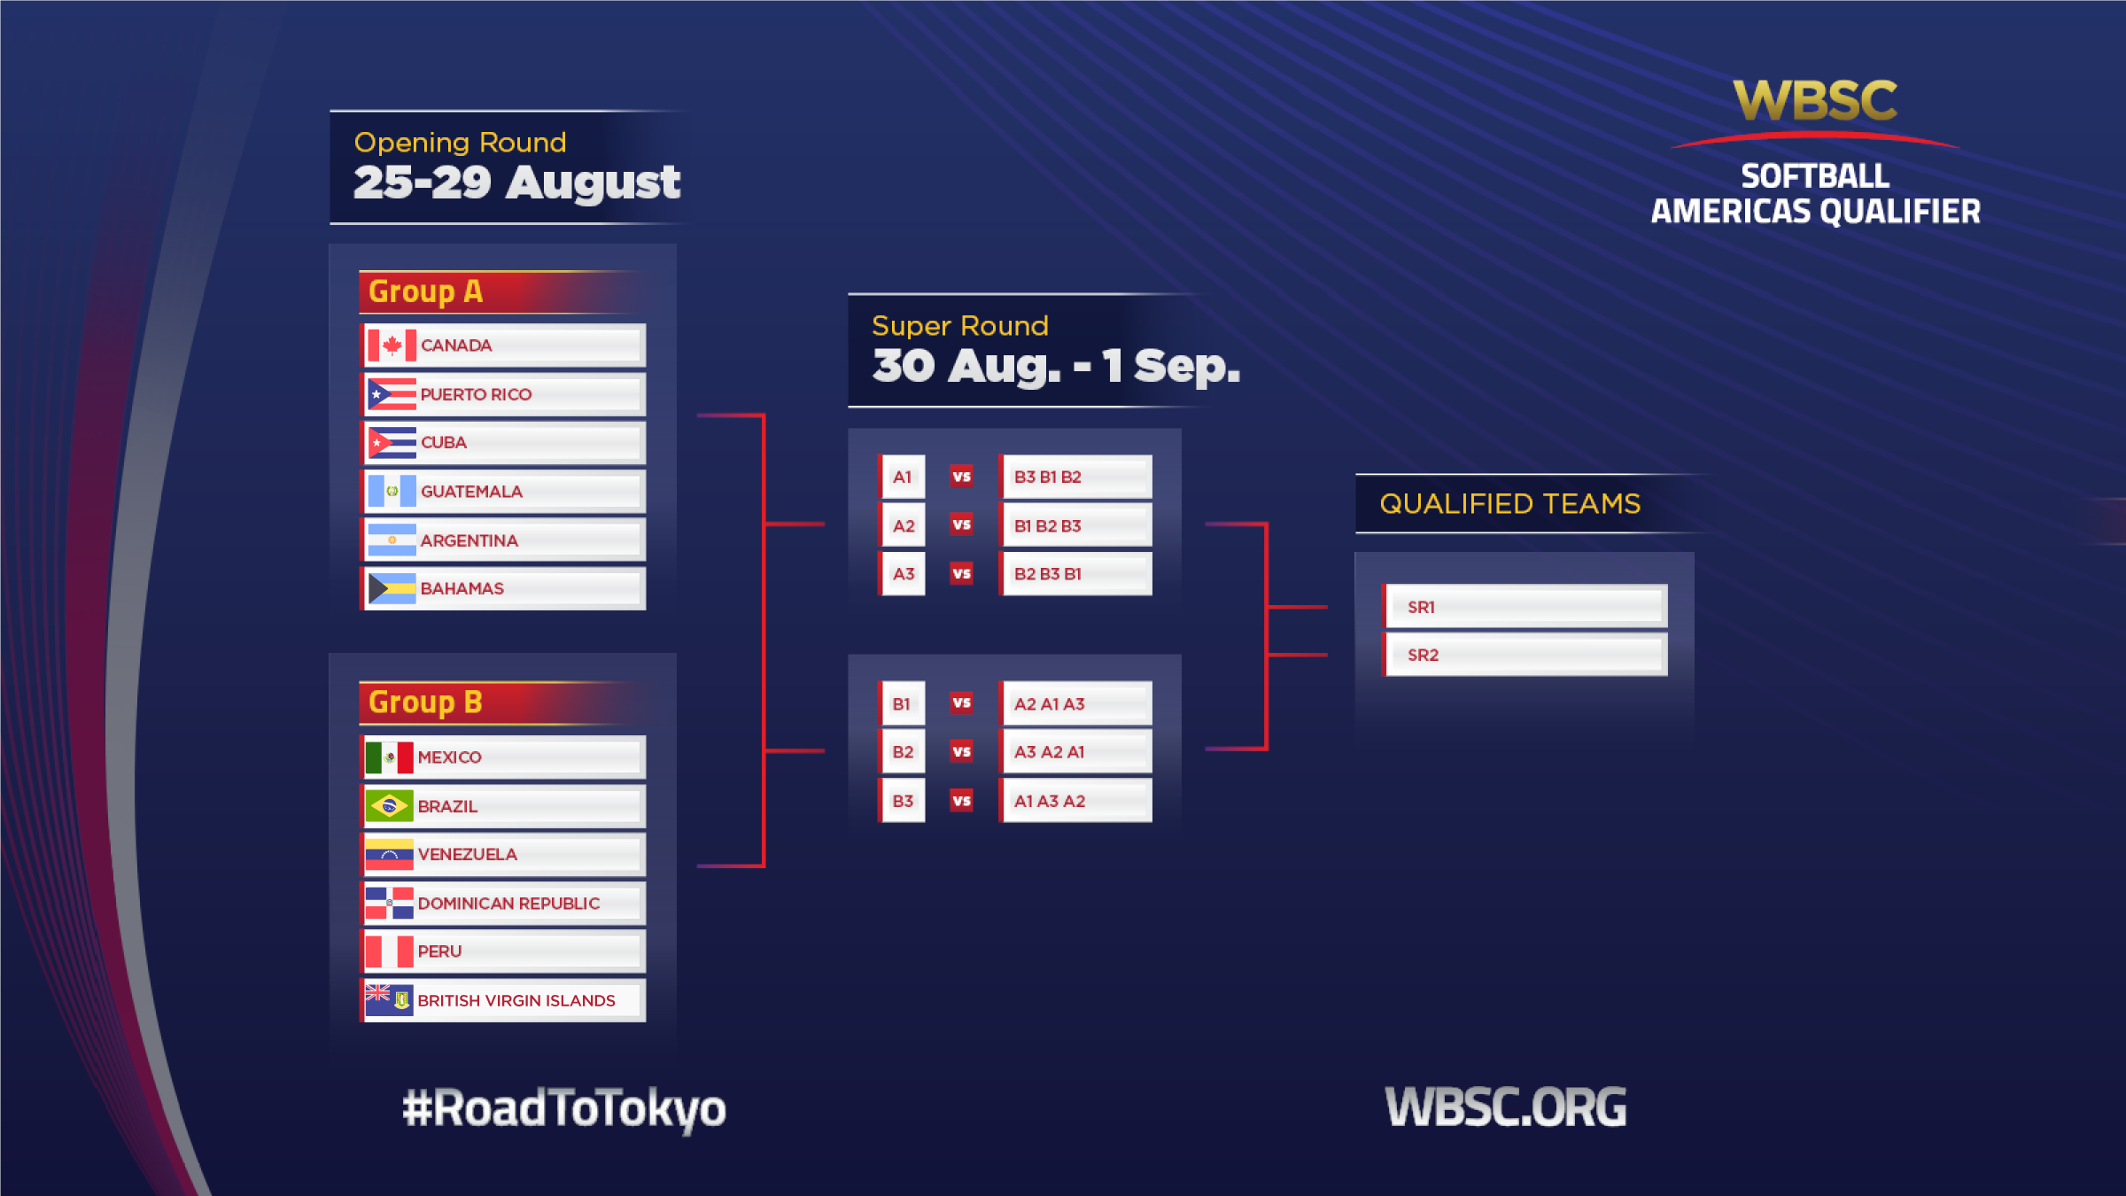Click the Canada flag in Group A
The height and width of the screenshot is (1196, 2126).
(392, 346)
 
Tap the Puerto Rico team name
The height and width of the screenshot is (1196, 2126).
(476, 394)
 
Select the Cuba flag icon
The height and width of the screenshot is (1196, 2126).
(392, 442)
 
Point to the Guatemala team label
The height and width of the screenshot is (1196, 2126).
(471, 492)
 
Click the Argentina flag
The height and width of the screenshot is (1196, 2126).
(392, 540)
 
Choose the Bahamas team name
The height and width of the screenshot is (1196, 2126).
(462, 588)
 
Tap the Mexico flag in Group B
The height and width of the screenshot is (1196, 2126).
(389, 757)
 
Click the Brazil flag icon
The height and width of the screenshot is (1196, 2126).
(389, 806)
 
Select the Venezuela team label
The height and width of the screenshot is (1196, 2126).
(467, 854)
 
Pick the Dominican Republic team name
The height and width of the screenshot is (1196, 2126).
(508, 904)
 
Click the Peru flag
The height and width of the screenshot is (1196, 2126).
(389, 951)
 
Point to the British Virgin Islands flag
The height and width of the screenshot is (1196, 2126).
(389, 1000)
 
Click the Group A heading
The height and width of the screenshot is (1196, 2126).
(425, 291)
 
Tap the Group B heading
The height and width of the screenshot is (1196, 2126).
(425, 703)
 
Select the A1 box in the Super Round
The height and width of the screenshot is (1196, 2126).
(903, 477)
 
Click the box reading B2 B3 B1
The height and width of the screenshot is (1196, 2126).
(1076, 574)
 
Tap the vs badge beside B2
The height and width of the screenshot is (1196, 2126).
(961, 752)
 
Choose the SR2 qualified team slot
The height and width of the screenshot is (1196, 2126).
(1525, 655)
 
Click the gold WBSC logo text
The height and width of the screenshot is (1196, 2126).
(1815, 100)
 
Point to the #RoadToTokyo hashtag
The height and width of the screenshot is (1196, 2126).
(564, 1109)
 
